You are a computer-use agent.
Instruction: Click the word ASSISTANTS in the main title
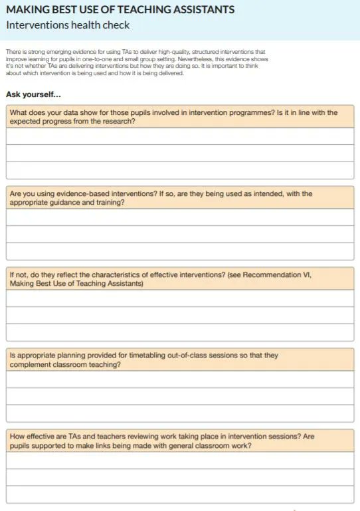pyautogui.click(x=197, y=9)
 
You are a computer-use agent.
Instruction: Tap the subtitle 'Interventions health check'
pyautogui.click(x=68, y=25)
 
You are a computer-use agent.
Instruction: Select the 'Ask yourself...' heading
pyautogui.click(x=33, y=94)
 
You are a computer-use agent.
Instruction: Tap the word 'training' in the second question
pyautogui.click(x=109, y=203)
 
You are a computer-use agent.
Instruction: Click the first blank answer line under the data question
pyautogui.click(x=180, y=136)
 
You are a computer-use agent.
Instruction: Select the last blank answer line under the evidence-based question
pyautogui.click(x=180, y=251)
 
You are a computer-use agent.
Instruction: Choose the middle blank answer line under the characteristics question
pyautogui.click(x=180, y=315)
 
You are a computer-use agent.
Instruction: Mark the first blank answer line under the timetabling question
pyautogui.click(x=180, y=379)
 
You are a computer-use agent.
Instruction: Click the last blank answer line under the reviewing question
pyautogui.click(x=180, y=494)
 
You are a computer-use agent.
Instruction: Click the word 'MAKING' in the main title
pyautogui.click(x=26, y=9)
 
